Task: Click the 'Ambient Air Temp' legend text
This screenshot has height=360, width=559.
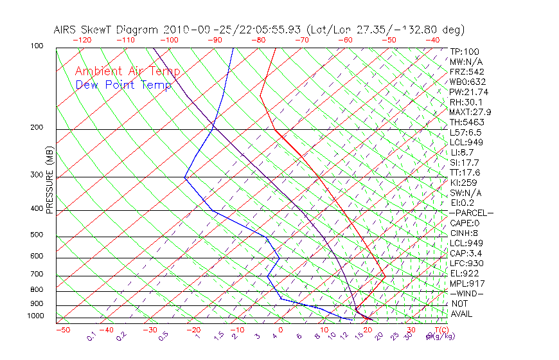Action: (x=127, y=71)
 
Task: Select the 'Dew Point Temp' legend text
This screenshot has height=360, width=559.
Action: (x=123, y=85)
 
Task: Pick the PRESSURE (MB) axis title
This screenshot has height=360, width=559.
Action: (x=49, y=180)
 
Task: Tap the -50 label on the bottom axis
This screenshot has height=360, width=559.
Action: (x=63, y=330)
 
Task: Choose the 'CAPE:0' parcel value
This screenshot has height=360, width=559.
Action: (x=466, y=223)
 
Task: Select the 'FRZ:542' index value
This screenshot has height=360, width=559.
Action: (x=467, y=71)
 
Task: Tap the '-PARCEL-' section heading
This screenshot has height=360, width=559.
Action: (x=471, y=213)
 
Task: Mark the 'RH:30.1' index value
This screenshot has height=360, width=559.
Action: (x=466, y=102)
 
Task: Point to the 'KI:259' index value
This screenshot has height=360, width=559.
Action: (x=464, y=183)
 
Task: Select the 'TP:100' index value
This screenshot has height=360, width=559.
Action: (x=465, y=51)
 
